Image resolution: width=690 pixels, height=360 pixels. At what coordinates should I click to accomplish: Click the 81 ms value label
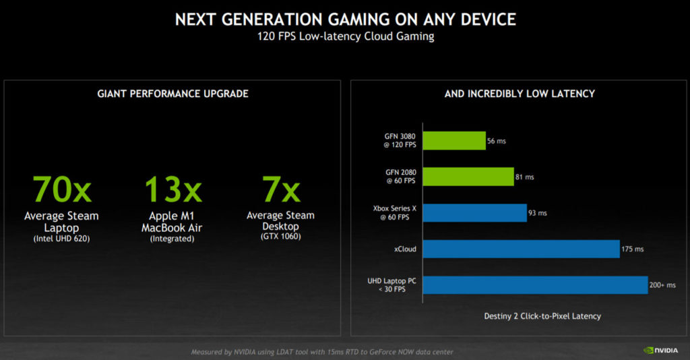(x=526, y=177)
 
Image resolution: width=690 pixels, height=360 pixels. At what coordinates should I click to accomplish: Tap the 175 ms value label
(x=633, y=249)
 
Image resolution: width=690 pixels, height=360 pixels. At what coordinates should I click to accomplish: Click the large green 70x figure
(x=61, y=189)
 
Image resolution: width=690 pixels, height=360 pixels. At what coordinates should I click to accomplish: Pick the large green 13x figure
(x=173, y=189)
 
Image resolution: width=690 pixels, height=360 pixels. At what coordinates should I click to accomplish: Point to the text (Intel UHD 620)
(x=61, y=239)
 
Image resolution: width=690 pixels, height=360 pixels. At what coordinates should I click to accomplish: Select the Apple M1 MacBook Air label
(x=172, y=222)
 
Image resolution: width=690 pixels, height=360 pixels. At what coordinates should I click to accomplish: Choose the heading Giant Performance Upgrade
(x=172, y=94)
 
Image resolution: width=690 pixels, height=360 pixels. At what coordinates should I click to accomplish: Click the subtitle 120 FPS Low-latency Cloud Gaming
(x=344, y=36)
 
